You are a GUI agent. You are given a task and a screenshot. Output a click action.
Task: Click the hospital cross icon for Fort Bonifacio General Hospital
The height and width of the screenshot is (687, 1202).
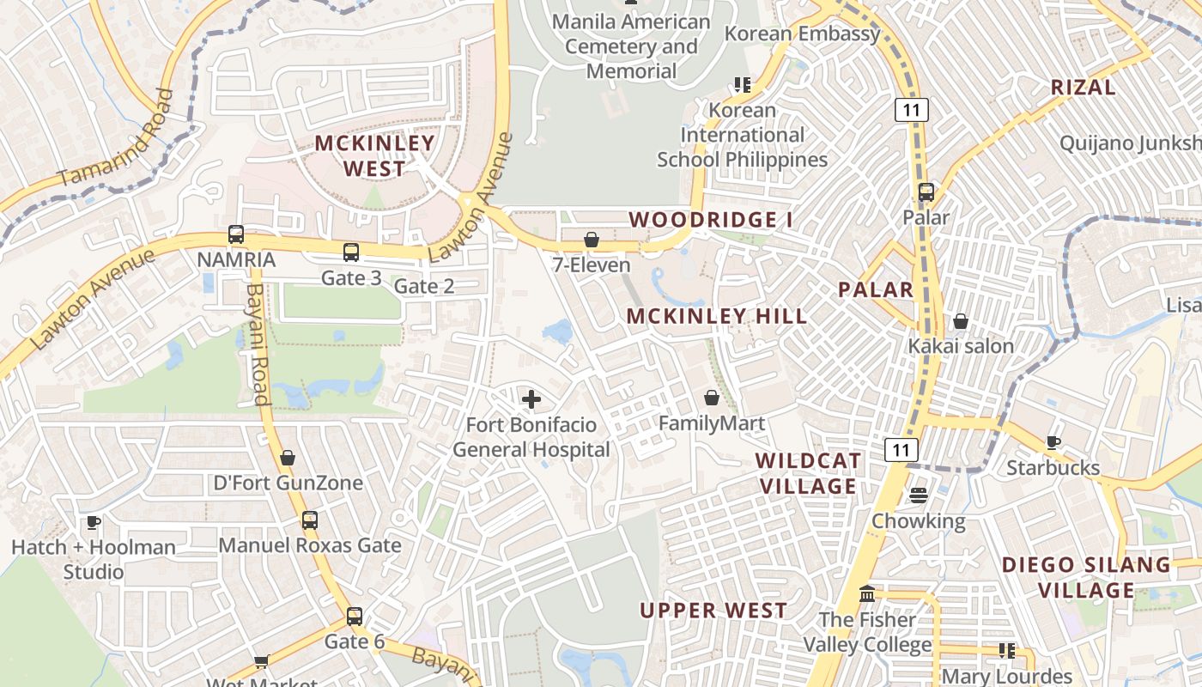(x=531, y=399)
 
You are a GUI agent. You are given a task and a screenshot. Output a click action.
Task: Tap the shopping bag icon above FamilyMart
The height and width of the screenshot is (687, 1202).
(x=712, y=398)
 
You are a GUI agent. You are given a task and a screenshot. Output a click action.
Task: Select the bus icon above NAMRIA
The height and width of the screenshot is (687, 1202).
(x=236, y=234)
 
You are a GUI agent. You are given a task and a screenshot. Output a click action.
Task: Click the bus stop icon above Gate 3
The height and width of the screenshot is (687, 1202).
(x=351, y=252)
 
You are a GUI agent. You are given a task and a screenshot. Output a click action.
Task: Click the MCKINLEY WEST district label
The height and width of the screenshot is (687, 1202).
(x=374, y=155)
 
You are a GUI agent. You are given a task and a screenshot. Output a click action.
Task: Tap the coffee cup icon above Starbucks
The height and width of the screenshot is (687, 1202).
(x=1053, y=443)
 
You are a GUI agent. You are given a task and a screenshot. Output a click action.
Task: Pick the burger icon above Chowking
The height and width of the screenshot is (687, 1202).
(x=919, y=495)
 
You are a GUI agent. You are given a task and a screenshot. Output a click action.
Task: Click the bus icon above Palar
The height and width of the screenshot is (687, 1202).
(x=926, y=192)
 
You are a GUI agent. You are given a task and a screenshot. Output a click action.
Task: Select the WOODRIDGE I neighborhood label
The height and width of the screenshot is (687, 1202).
(x=711, y=220)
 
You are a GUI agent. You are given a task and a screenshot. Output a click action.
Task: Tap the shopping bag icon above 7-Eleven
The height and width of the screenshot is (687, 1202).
(x=592, y=240)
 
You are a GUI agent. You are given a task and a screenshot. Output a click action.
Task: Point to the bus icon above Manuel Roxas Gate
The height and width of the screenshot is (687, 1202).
(x=310, y=520)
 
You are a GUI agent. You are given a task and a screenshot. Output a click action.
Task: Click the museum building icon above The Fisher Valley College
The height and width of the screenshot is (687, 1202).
(x=867, y=594)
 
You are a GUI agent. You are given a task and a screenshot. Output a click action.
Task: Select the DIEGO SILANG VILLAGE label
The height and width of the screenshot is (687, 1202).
(x=1087, y=577)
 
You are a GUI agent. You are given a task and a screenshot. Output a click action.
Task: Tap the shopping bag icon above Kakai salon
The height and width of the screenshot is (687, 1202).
(x=961, y=321)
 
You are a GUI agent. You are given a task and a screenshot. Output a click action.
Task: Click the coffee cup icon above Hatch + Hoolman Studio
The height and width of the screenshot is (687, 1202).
(x=94, y=522)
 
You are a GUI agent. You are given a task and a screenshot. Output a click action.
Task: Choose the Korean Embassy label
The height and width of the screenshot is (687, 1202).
(x=803, y=34)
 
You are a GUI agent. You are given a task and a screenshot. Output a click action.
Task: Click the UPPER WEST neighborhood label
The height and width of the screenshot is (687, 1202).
(x=713, y=611)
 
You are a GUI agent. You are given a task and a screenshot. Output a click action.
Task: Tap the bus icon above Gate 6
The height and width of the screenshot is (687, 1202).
(x=355, y=617)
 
